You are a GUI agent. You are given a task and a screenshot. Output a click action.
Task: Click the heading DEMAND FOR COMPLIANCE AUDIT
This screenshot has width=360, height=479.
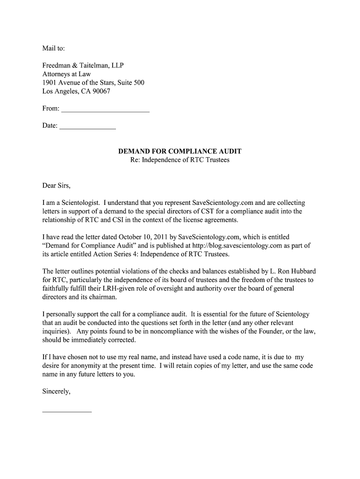click(x=180, y=152)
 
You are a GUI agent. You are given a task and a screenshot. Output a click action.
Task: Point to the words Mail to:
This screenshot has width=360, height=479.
click(x=54, y=48)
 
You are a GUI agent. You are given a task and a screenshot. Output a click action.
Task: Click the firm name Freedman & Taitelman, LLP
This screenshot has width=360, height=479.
click(x=83, y=65)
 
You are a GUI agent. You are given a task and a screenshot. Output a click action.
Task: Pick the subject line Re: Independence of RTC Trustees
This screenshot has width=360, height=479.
click(x=180, y=160)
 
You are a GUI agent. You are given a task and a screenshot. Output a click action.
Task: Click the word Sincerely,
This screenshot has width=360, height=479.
click(x=57, y=392)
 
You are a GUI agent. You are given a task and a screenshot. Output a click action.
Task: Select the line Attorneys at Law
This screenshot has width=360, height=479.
click(x=66, y=74)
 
